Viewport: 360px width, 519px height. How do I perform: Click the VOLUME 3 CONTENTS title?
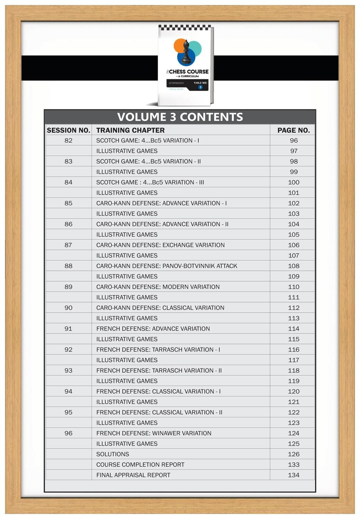[x=180, y=117]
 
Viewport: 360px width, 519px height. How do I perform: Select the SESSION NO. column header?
[x=68, y=130]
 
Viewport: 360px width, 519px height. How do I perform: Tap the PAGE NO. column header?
[x=293, y=130]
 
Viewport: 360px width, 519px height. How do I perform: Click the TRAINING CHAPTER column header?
[x=130, y=130]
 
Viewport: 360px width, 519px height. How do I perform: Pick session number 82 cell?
[x=68, y=140]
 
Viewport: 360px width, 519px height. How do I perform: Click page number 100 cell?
[x=294, y=182]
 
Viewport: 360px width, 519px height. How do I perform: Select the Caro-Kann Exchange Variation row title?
[x=160, y=245]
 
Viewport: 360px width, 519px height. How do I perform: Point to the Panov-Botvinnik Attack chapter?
[x=167, y=266]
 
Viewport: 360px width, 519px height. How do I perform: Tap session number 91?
[x=68, y=329]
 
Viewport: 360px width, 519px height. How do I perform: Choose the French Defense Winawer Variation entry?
[x=154, y=433]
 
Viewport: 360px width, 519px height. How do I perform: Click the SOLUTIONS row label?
[x=113, y=454]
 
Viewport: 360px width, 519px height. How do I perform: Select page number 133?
[x=294, y=465]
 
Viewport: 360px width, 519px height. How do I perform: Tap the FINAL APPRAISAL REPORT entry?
[x=133, y=475]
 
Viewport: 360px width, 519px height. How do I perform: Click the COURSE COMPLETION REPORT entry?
[x=140, y=465]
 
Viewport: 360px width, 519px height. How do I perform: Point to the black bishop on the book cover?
[x=186, y=53]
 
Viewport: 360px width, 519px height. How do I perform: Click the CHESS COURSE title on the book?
[x=188, y=72]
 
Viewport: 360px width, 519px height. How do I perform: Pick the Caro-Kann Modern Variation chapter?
[x=158, y=287]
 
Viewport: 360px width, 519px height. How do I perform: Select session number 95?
[x=68, y=412]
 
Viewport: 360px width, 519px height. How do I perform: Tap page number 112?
[x=294, y=308]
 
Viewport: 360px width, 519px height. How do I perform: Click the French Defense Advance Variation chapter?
[x=153, y=329]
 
